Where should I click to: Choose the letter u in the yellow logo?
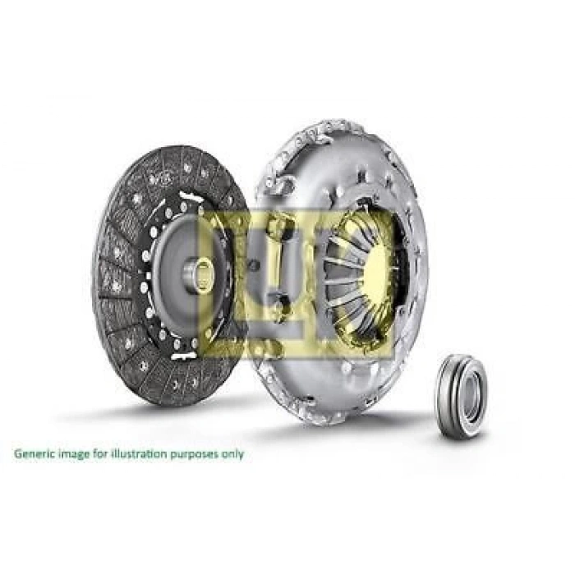point(283,279)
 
